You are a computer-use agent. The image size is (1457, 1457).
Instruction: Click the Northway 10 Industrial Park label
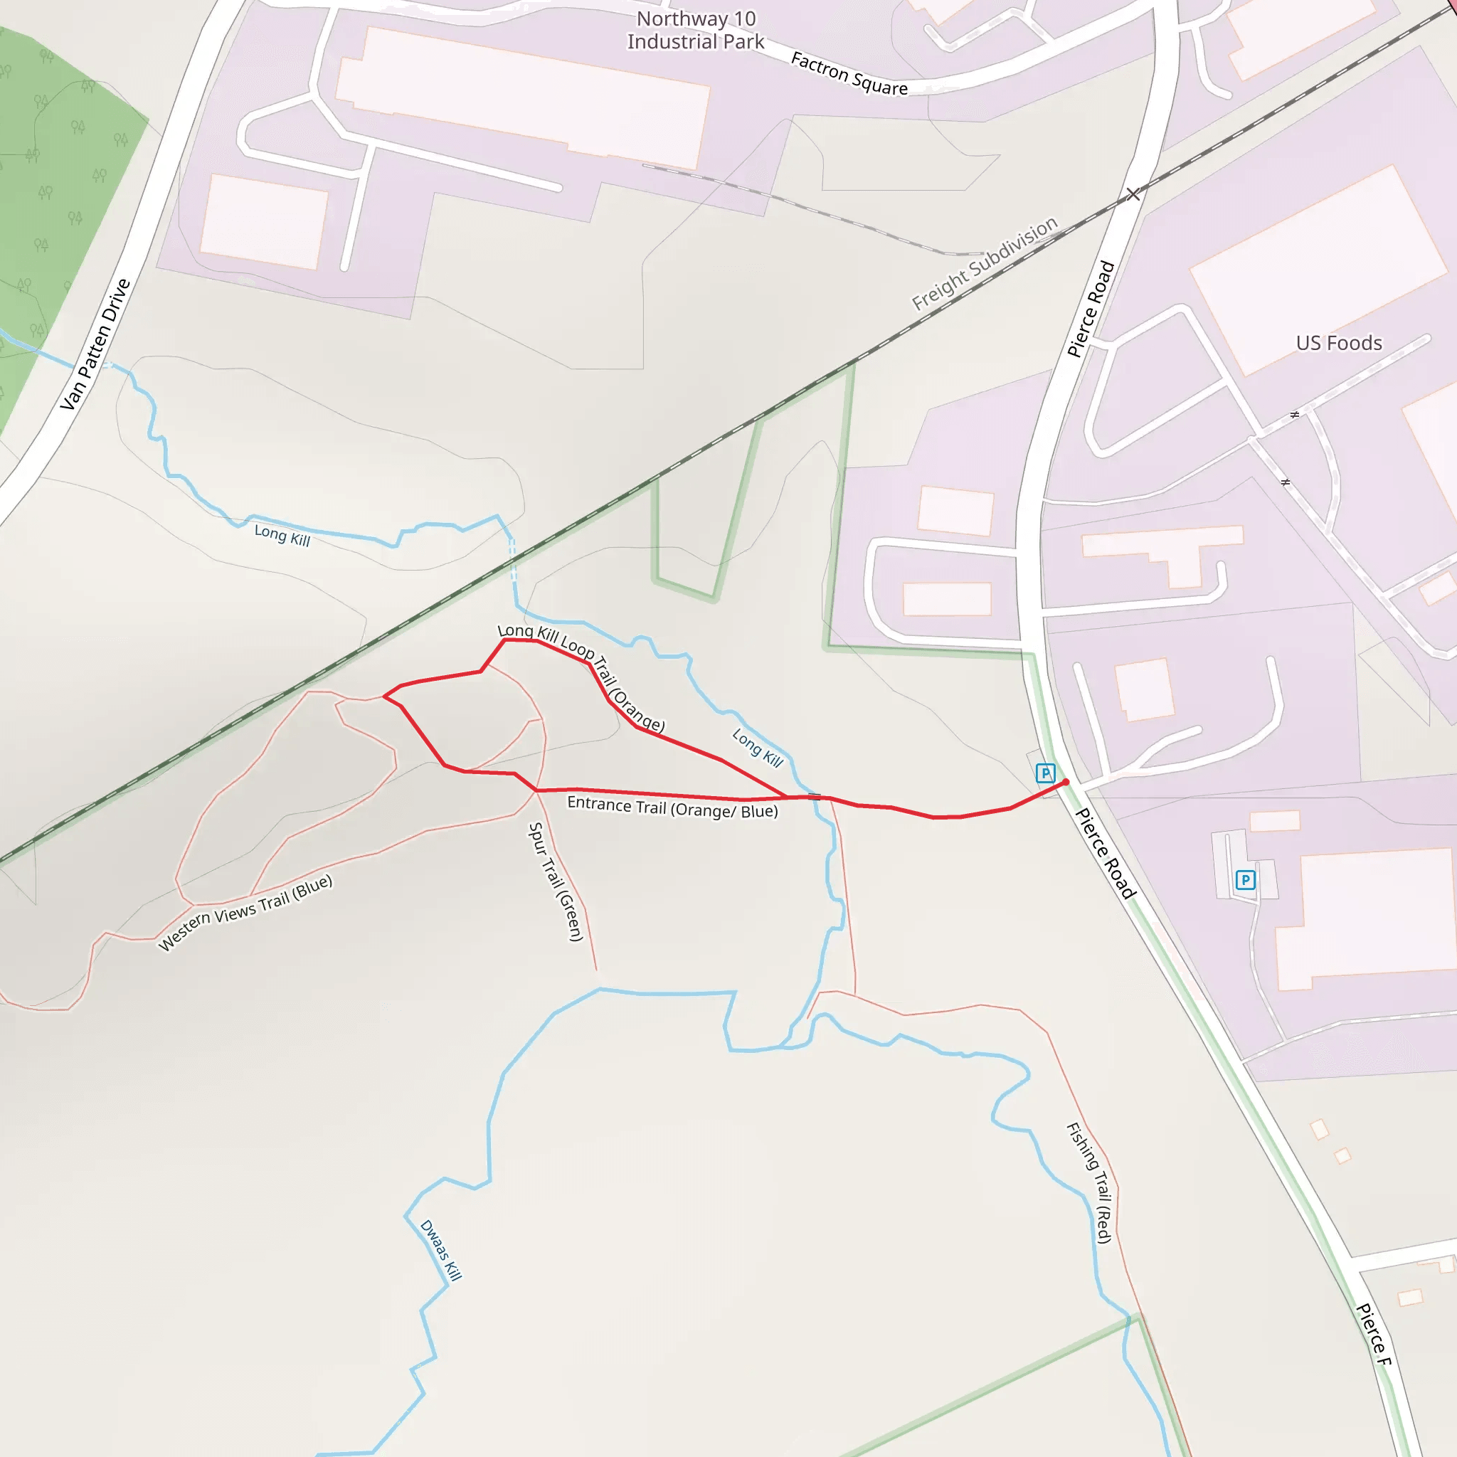(695, 30)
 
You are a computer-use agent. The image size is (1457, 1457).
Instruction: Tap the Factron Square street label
(849, 74)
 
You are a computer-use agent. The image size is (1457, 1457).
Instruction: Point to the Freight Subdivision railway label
(984, 263)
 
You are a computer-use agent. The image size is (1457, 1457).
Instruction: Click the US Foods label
(1339, 343)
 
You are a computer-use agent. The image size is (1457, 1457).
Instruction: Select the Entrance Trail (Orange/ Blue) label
(672, 807)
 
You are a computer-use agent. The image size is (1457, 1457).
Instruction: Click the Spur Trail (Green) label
(556, 881)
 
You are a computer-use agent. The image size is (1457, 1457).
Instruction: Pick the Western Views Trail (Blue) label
(245, 913)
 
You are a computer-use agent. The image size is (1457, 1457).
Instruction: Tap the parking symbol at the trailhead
(1045, 773)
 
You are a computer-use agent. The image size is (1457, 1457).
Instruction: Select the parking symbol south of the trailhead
(1245, 879)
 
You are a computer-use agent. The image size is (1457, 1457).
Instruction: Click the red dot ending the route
(1066, 783)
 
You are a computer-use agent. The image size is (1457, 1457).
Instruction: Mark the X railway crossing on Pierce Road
(1133, 194)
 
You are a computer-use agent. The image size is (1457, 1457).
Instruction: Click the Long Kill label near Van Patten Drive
(282, 536)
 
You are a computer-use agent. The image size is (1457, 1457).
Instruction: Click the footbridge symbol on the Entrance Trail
(815, 796)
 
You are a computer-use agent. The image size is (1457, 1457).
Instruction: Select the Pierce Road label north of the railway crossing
(1091, 309)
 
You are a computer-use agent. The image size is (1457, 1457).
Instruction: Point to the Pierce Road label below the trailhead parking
(1105, 853)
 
